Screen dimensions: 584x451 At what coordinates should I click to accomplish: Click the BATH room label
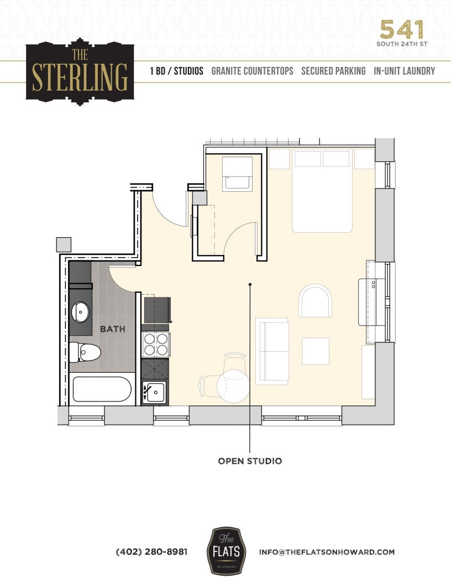point(112,328)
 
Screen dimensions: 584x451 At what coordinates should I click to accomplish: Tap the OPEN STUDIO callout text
point(250,461)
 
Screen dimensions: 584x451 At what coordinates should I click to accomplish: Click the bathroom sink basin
point(82,312)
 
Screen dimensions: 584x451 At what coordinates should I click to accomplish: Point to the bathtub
point(101,389)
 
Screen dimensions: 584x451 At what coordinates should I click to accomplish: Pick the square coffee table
point(316,351)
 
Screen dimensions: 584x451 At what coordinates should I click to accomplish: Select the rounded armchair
point(316,301)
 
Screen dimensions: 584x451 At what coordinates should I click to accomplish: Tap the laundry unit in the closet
point(238,174)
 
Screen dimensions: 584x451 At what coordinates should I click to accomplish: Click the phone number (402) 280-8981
point(151,552)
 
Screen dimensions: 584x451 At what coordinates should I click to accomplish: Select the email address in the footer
point(327,552)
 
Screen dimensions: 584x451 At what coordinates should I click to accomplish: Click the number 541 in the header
point(402,29)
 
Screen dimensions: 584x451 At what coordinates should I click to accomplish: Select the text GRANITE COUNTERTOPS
point(253,71)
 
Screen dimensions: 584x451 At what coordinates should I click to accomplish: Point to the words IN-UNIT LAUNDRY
point(404,71)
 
